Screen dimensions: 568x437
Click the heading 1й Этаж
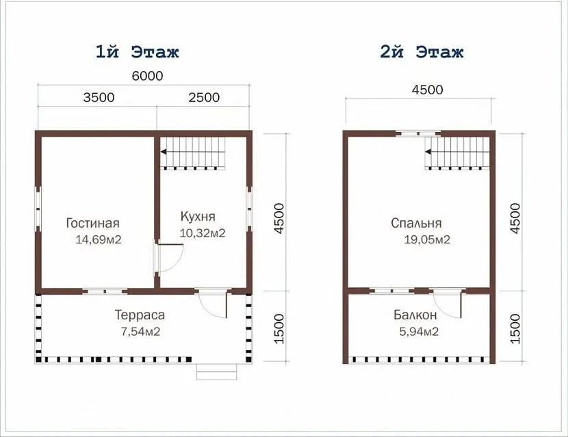point(138,52)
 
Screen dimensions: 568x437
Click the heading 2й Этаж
point(422,52)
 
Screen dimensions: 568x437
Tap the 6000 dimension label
point(147,76)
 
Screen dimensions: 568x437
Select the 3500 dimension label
point(99,97)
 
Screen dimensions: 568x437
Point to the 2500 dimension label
point(204,97)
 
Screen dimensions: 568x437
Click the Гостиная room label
point(93,223)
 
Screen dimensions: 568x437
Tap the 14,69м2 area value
point(99,239)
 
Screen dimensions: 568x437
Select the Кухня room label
point(198,217)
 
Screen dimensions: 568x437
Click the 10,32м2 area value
point(203,233)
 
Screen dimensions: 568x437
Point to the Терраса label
point(140,315)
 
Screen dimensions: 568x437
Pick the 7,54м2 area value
point(140,332)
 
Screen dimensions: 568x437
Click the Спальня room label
point(416,223)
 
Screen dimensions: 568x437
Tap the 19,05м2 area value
point(427,239)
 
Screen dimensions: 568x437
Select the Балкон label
point(415,315)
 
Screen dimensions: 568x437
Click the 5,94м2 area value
point(419,332)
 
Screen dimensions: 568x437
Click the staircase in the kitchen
point(193,153)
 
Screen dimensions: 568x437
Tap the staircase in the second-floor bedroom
point(457,153)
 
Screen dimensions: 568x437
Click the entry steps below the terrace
point(217,372)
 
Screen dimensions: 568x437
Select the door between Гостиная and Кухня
point(169,258)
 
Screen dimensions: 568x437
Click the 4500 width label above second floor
point(428,90)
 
